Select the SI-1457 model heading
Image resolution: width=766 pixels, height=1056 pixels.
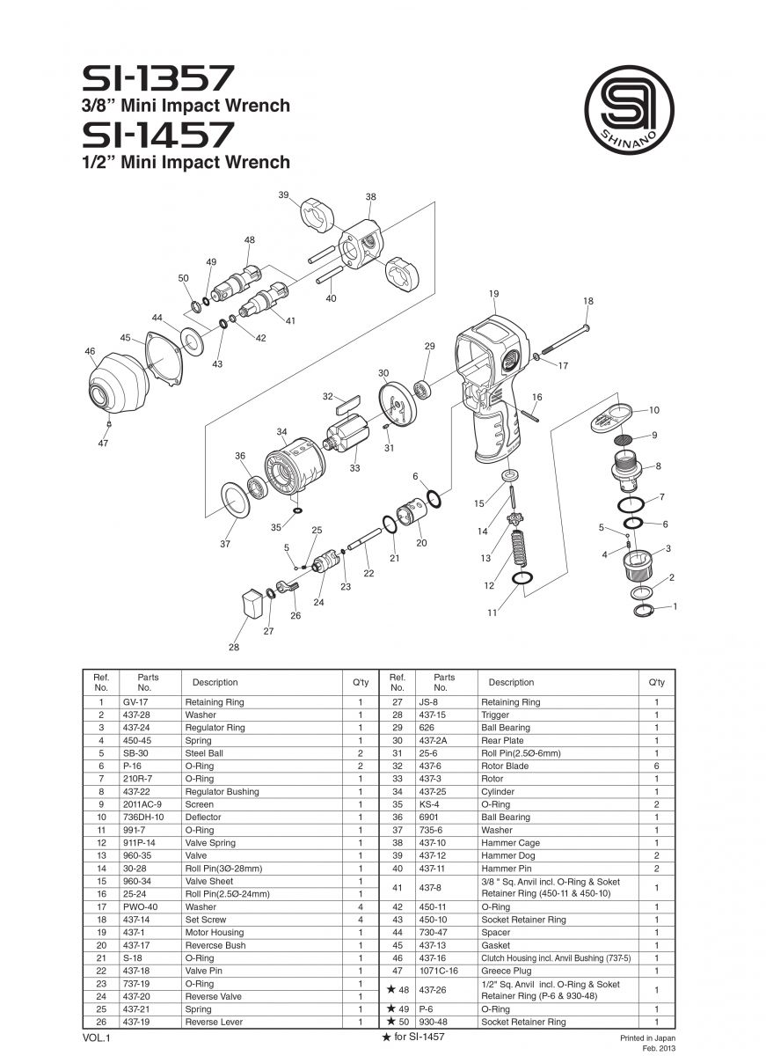point(158,135)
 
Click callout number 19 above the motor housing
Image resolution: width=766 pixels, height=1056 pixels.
point(493,293)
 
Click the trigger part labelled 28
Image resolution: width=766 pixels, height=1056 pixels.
point(251,605)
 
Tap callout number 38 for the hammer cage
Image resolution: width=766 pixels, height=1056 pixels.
point(370,196)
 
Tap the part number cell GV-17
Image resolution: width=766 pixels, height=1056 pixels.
point(134,702)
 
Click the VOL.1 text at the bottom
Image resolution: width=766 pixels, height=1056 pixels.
point(96,1038)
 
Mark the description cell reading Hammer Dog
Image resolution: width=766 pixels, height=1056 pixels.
point(507,855)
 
